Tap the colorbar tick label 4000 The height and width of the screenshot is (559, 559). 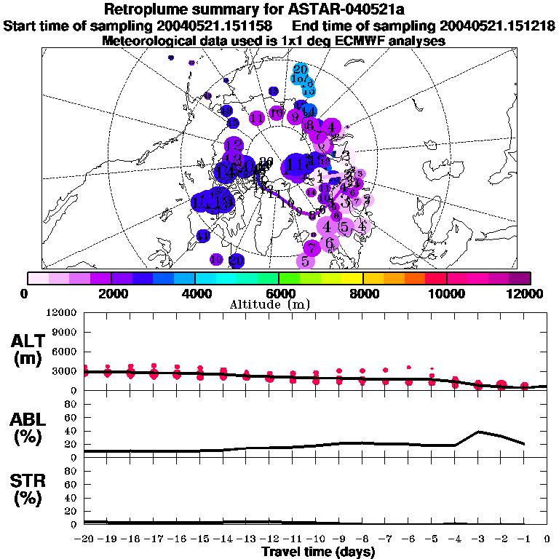(194, 293)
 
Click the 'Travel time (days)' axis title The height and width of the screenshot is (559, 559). (318, 552)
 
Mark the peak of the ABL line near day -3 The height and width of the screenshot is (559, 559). (478, 432)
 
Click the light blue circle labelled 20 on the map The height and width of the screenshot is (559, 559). (300, 69)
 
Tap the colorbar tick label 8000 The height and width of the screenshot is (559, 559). (362, 293)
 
